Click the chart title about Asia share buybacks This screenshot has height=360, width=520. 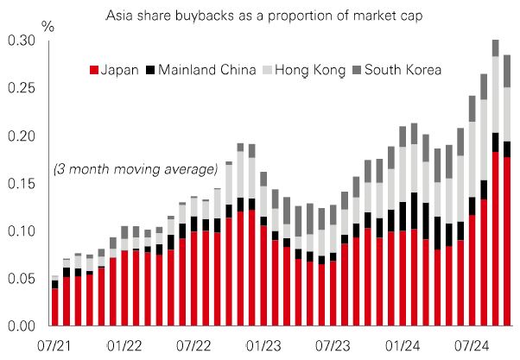coord(259,16)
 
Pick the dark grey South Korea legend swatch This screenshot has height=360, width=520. coord(357,69)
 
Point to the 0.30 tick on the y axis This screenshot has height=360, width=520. coord(22,41)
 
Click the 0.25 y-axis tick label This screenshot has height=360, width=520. coord(22,89)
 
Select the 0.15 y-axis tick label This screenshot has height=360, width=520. coord(22,184)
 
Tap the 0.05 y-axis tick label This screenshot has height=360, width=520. coord(22,279)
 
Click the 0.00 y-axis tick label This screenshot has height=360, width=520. coord(22,326)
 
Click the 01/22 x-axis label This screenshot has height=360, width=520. coord(124,345)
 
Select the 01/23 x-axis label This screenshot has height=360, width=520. coord(263,345)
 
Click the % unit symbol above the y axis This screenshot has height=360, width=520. coord(48,25)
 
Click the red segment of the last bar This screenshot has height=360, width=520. coord(507,242)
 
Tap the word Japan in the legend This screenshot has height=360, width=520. coord(120,69)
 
